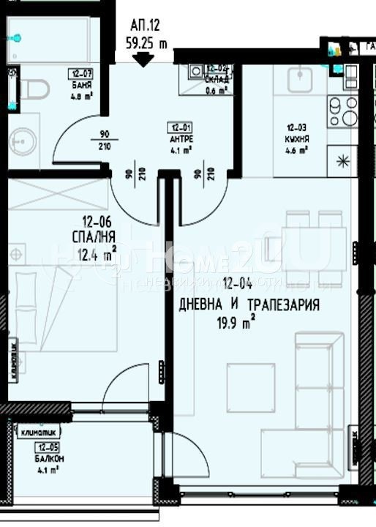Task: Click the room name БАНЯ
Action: (81, 83)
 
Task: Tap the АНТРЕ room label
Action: (175, 135)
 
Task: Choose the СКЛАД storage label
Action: (216, 81)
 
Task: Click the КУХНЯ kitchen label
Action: (296, 137)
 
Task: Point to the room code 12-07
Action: (80, 73)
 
